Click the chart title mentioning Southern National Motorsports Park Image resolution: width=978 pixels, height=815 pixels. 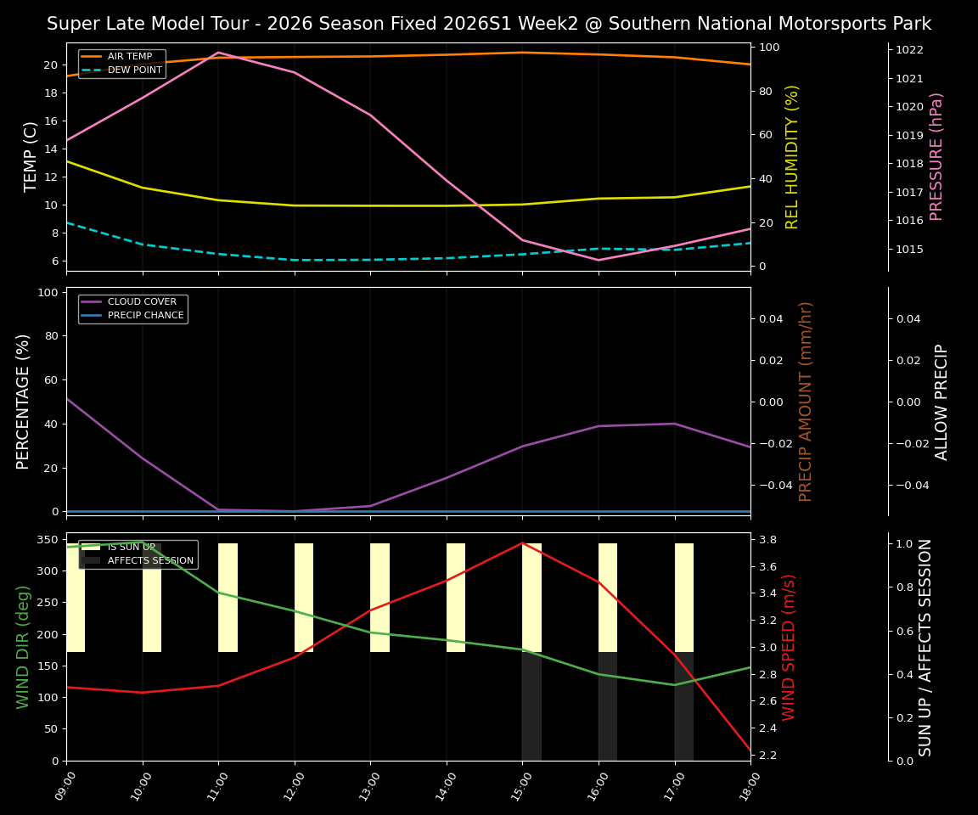489,24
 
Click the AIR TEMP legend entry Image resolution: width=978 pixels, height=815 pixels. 129,57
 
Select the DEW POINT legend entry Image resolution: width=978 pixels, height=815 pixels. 134,70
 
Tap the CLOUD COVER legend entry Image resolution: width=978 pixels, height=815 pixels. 142,302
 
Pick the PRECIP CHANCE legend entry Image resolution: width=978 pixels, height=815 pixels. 145,316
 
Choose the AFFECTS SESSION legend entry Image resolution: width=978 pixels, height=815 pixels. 150,561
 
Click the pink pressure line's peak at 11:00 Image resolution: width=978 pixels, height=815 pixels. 218,53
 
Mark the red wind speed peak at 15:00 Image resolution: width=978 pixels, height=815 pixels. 522,543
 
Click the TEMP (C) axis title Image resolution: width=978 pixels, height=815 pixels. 31,157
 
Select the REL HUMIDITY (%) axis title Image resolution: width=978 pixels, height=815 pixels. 792,157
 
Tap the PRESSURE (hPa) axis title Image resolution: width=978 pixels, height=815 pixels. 936,157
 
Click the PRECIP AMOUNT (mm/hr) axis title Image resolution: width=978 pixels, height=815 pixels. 806,402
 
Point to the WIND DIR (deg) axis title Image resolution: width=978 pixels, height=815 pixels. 23,647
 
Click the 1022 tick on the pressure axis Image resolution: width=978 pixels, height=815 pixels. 909,50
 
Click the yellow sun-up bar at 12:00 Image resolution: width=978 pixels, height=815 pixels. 304,598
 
